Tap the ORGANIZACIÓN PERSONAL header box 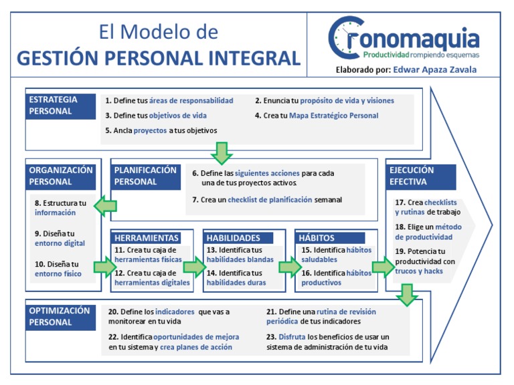[62, 176]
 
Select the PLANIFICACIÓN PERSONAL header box [145, 176]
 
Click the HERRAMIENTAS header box [147, 238]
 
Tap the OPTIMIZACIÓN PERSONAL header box [62, 316]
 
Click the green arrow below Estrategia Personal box [222, 152]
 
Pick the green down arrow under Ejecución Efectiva [406, 295]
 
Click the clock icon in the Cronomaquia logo [348, 38]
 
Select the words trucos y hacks [419, 271]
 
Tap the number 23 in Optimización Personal [271, 336]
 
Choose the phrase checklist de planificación [270, 199]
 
